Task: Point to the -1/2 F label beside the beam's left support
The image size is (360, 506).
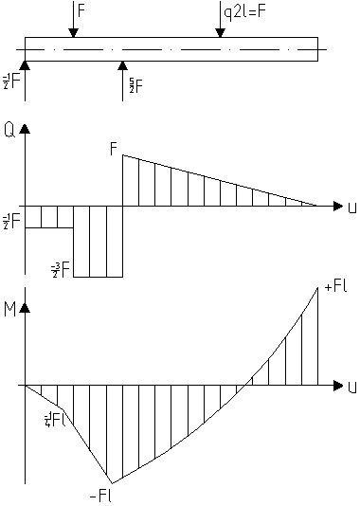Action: point(9,83)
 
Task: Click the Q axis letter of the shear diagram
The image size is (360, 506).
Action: point(9,130)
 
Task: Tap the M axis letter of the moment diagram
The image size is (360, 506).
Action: point(9,309)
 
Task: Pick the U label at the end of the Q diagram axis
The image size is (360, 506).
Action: point(351,206)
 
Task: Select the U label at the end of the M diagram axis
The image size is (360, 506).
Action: point(351,387)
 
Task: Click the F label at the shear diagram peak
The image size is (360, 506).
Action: point(114,148)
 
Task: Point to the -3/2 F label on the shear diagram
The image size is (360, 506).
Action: point(62,270)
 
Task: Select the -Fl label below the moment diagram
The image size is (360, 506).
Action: point(98,495)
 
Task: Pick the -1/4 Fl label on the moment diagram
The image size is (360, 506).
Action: point(51,419)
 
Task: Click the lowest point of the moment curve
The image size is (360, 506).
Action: point(111,481)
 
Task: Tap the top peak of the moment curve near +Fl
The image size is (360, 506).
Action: point(318,286)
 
